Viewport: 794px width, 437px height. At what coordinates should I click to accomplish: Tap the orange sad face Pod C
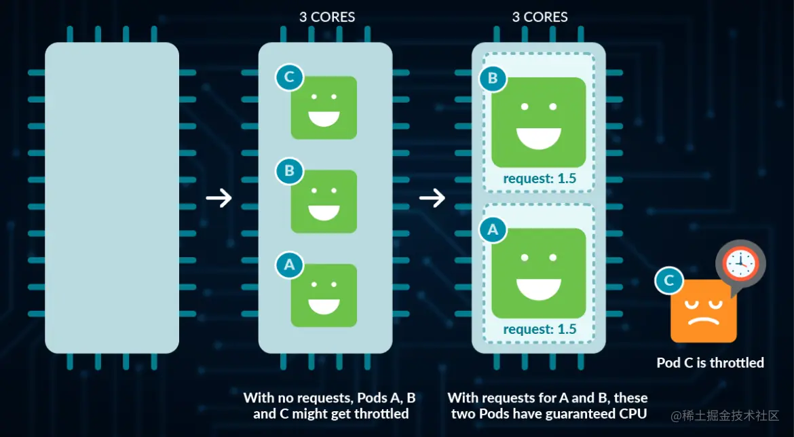703,311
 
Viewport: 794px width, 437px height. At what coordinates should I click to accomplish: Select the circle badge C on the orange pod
668,281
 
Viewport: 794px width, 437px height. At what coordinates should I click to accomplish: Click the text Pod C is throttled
710,363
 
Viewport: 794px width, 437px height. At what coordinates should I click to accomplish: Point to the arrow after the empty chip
219,198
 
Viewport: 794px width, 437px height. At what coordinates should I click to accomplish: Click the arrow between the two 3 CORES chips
432,198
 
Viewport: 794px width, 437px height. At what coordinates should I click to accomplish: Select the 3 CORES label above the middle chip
326,17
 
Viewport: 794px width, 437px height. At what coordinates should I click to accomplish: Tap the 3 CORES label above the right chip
540,17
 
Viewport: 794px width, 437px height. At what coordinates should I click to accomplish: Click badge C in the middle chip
289,77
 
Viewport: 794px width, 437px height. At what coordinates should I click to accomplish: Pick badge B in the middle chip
289,171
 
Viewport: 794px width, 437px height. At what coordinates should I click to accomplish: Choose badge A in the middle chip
289,265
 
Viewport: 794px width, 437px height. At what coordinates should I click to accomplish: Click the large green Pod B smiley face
538,122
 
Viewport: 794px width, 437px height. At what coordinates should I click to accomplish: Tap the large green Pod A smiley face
538,273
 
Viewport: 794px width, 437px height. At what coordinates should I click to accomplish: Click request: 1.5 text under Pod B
539,179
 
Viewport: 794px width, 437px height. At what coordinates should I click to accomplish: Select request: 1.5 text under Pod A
539,329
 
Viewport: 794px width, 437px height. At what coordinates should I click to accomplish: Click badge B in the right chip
493,79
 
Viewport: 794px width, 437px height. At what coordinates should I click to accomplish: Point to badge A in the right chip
493,230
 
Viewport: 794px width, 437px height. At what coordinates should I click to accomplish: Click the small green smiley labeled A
324,295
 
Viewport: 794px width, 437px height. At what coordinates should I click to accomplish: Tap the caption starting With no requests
329,405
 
